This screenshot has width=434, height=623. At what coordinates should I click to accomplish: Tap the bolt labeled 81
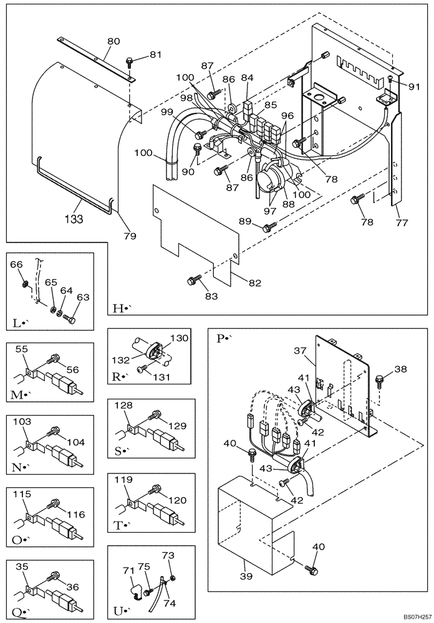[129, 61]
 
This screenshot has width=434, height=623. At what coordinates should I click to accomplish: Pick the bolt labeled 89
[267, 229]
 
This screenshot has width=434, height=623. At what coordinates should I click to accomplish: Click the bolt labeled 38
[380, 379]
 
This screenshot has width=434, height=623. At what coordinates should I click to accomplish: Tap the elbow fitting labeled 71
[133, 585]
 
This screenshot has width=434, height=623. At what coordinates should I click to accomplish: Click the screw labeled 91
[390, 78]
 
